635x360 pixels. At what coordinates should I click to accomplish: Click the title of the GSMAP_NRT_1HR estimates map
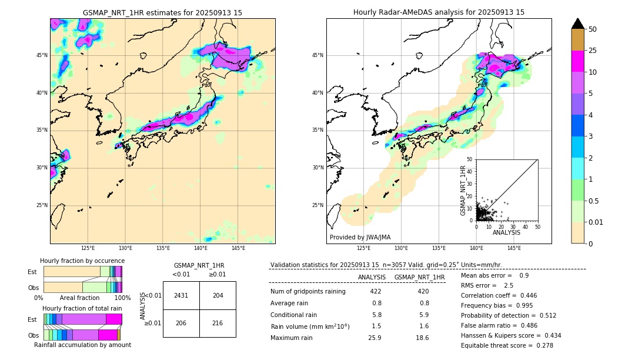pos(162,12)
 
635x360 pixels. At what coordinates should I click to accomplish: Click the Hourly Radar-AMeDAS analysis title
pos(439,12)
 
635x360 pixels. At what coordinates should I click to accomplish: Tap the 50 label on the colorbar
pos(593,29)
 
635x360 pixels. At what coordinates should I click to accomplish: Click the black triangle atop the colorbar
pos(578,24)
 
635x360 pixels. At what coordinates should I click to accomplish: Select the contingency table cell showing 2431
pos(181,295)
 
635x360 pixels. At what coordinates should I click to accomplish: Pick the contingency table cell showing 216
pos(218,323)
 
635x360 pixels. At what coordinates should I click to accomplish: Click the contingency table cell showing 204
pos(218,295)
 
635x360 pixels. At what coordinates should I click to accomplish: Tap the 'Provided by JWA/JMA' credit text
pos(360,237)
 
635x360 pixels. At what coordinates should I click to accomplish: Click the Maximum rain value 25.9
pos(376,338)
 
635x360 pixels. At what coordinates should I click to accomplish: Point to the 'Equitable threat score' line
pos(507,345)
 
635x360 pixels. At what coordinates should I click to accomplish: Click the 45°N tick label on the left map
pos(42,55)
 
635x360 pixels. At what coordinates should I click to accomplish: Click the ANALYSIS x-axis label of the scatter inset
pos(506,232)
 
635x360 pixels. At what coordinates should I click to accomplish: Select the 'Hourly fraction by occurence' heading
pos(82,261)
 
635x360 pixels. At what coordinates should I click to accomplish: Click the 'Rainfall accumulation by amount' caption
pos(82,345)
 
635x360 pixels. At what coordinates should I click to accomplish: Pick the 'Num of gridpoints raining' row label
pos(308,292)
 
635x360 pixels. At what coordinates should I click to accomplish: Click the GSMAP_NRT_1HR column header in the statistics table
pos(419,277)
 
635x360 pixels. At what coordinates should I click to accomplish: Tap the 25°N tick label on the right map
pos(318,205)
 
